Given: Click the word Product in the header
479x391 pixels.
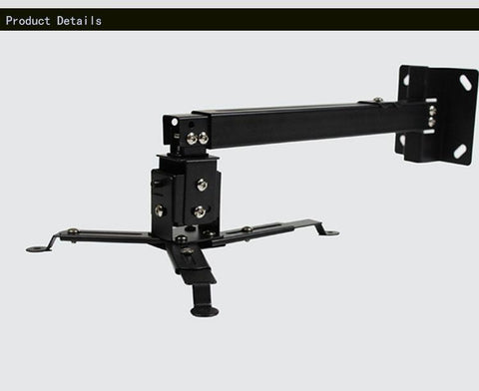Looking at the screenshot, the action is [28, 21].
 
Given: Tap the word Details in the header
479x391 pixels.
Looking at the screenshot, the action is [79, 21].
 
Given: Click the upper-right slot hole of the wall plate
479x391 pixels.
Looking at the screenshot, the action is [466, 82].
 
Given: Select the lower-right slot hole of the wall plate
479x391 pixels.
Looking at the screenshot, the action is [460, 152].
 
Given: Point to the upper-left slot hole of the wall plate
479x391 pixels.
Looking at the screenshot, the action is [406, 80].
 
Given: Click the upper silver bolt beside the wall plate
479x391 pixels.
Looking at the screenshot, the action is [432, 110].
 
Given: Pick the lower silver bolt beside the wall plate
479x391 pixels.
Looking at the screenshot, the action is [432, 122].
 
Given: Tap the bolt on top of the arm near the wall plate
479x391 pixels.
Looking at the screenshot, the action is [377, 99].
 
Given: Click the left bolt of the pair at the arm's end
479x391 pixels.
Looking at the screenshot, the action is [192, 138].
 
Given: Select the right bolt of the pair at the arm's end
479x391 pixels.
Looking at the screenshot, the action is [204, 138].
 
